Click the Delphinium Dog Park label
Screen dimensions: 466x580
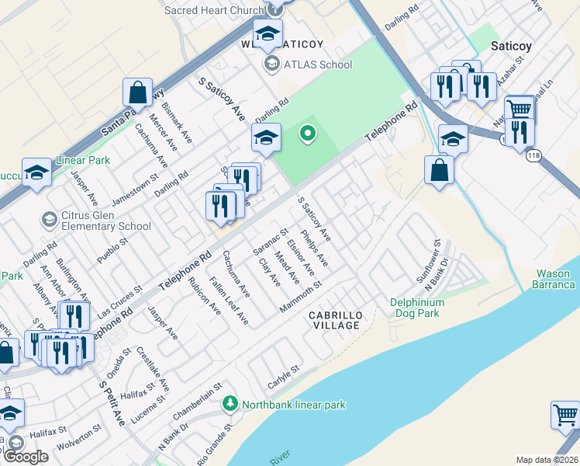(x=416, y=308)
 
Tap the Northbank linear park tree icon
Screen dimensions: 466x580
(x=230, y=404)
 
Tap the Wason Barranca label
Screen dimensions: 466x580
(x=556, y=279)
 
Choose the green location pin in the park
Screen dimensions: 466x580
(x=308, y=134)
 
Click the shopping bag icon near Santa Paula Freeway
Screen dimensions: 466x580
(x=137, y=92)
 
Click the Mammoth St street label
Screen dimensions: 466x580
(x=301, y=298)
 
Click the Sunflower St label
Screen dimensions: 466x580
(x=428, y=266)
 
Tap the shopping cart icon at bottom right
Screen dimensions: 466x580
(x=565, y=416)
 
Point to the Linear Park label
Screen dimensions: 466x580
(x=83, y=162)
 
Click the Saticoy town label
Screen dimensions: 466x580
(x=512, y=46)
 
